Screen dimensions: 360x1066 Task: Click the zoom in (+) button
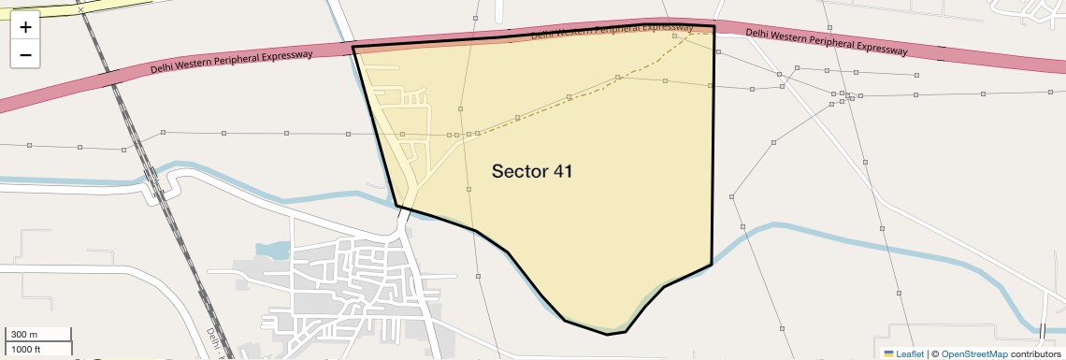[x=25, y=27]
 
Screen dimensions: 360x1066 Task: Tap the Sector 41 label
[x=531, y=171]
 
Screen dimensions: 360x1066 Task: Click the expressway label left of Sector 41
[x=231, y=63]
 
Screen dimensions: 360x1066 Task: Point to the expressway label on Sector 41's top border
[x=612, y=29]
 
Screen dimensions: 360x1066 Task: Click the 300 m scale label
[x=24, y=335]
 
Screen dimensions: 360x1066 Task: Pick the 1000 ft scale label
[x=26, y=350]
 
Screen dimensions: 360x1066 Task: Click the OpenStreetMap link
[x=973, y=353]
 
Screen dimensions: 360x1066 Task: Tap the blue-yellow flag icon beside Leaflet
[x=888, y=353]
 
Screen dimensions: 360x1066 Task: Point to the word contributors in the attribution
[x=1035, y=353]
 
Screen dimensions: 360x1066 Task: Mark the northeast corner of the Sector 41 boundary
[x=714, y=26]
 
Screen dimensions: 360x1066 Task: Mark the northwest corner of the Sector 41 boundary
[x=353, y=46]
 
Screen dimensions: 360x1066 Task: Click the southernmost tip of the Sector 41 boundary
[x=608, y=334]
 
